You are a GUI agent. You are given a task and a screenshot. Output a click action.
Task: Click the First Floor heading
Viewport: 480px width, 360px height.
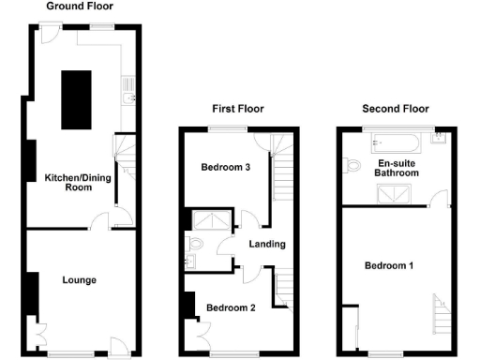tap(235, 109)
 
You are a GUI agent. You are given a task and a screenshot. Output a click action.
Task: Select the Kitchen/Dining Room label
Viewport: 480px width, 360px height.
tap(65, 182)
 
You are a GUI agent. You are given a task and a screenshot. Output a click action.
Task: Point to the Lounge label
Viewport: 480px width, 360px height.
tap(80, 279)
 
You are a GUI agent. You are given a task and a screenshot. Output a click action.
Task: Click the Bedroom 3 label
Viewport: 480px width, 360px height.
tap(226, 168)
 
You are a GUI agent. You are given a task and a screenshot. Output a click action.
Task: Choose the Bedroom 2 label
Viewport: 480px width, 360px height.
tap(231, 307)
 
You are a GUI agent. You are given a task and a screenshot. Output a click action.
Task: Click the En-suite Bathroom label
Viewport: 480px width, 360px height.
tap(396, 168)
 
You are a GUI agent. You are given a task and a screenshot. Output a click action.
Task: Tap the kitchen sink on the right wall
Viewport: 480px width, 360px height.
tap(129, 94)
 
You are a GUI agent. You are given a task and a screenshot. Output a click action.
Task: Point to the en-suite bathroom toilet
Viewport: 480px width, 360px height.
tap(352, 166)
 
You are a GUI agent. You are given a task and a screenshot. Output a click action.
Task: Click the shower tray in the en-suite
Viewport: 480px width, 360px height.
tap(393, 193)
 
